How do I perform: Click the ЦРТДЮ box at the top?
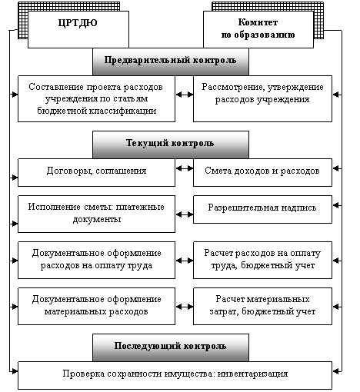pos(78,29)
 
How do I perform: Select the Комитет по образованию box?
pos(258,29)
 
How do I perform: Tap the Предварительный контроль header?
pos(171,61)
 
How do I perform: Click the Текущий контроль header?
pos(171,145)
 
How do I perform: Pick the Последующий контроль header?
pos(171,347)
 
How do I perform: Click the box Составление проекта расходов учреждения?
pos(96,98)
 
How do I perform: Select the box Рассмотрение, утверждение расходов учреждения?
pos(262,98)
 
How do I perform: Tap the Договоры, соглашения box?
pos(96,172)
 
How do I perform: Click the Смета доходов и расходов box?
pos(262,172)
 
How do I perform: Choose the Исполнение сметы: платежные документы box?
pos(96,214)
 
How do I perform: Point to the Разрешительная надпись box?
pos(262,209)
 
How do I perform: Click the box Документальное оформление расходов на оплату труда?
pos(96,260)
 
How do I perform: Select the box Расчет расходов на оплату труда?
pos(262,260)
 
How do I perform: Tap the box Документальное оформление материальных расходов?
pos(96,306)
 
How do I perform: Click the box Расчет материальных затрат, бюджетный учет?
pos(262,306)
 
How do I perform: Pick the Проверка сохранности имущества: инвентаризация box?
pos(175,375)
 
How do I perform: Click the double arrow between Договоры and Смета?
pos(185,168)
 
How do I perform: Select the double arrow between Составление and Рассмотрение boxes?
pos(185,95)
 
